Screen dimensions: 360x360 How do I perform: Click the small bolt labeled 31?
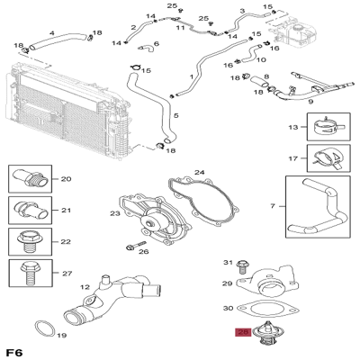[x=241, y=265]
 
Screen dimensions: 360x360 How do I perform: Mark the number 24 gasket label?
[x=200, y=172]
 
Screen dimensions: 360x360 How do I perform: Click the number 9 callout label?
[x=310, y=103]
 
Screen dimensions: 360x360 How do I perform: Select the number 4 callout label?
[x=51, y=34]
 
